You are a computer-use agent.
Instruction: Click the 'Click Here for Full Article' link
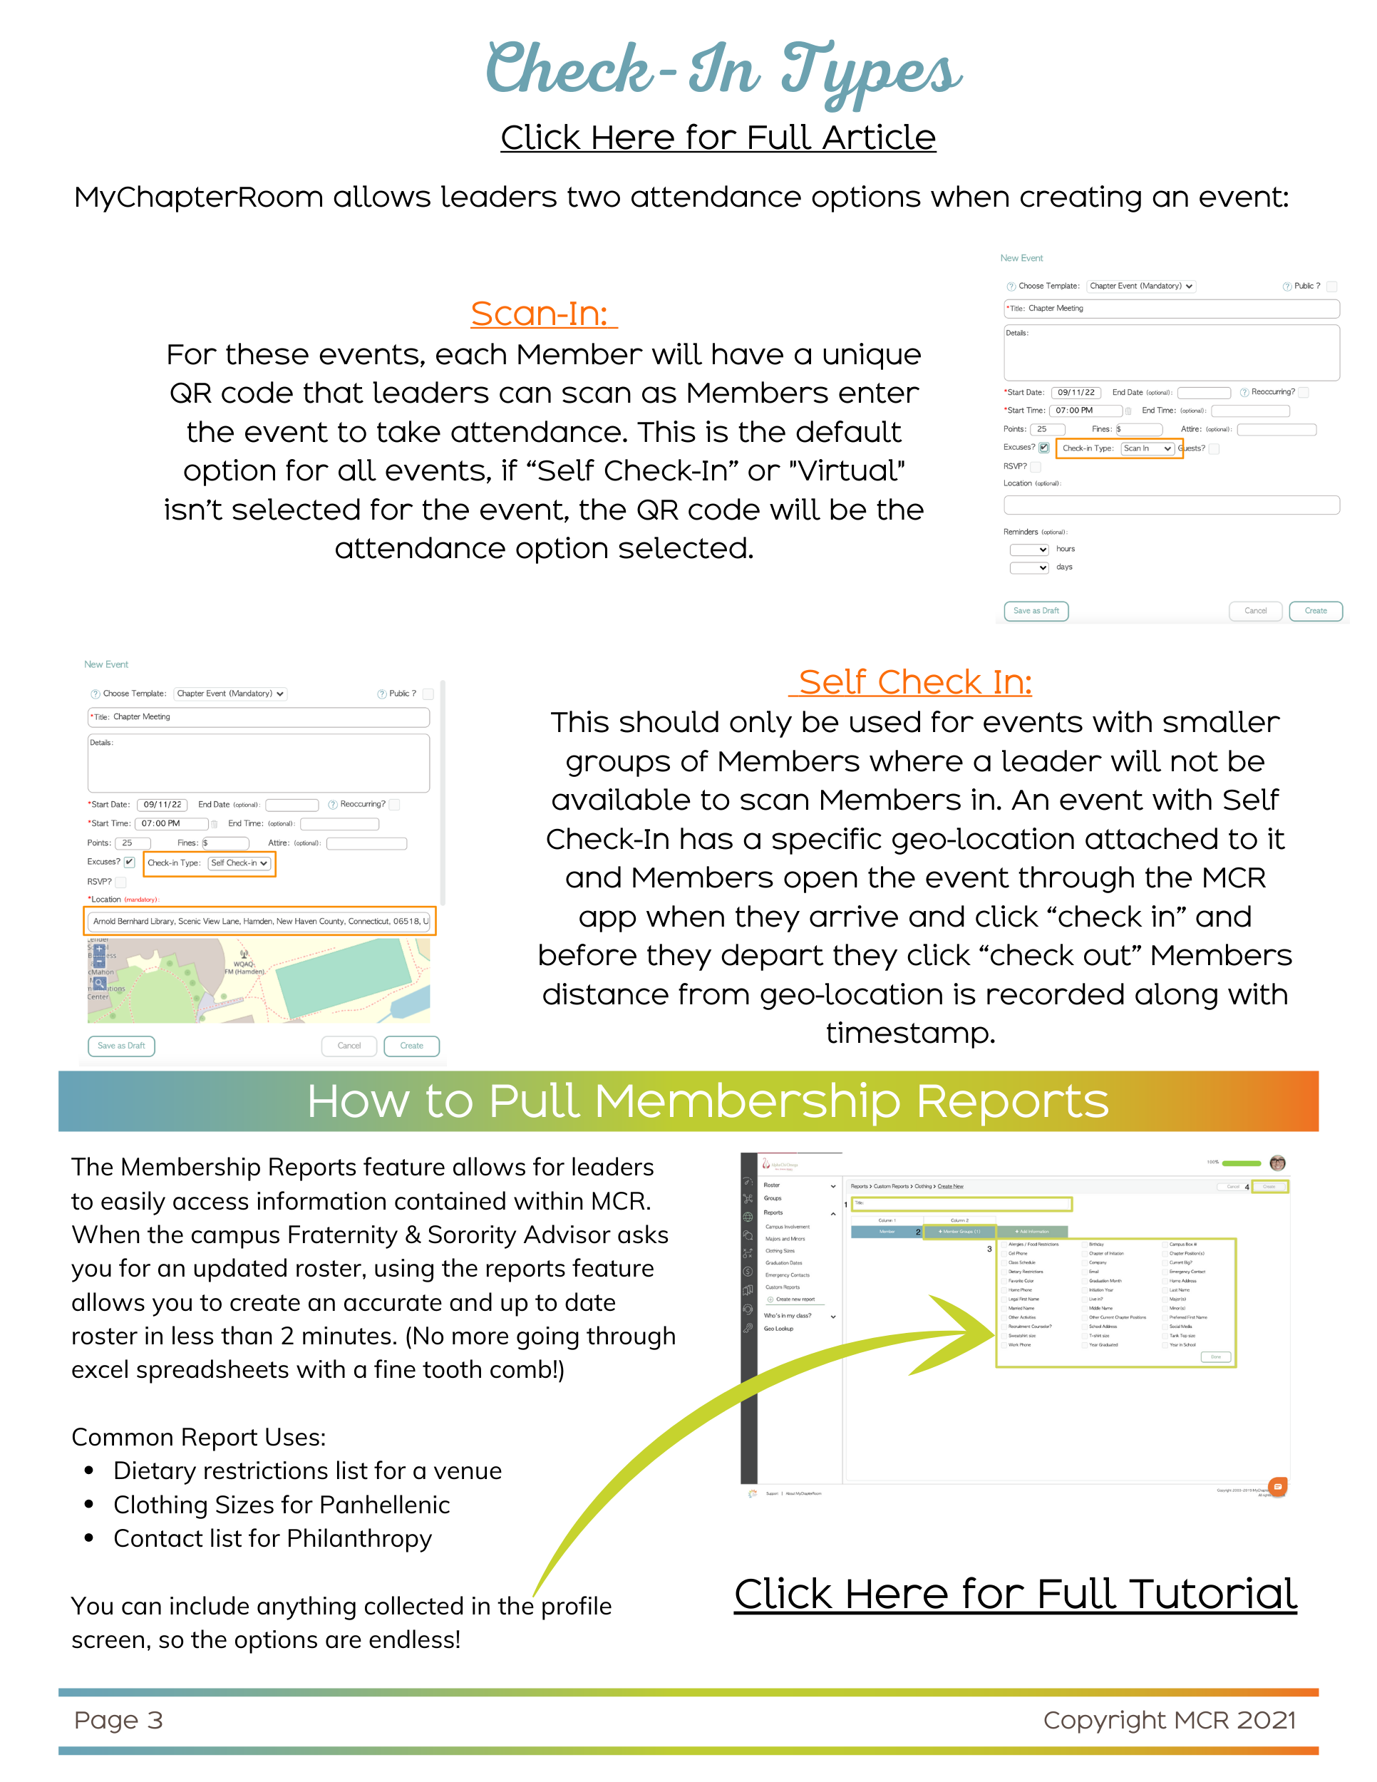click(718, 137)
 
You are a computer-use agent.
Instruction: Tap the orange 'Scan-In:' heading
click(543, 314)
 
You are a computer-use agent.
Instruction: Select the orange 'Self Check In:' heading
click(914, 682)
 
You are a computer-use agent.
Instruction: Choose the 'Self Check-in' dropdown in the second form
click(238, 863)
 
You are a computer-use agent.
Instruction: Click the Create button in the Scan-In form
click(1315, 611)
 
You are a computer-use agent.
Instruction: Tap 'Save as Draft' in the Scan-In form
click(1036, 611)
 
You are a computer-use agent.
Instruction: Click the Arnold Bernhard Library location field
click(260, 921)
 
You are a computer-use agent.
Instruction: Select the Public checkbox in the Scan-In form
click(1331, 287)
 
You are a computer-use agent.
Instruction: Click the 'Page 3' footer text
click(118, 1720)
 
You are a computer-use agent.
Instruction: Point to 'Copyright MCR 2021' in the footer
click(1169, 1720)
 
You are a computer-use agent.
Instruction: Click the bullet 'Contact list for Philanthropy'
click(272, 1539)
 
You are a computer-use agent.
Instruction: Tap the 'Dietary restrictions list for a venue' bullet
click(307, 1471)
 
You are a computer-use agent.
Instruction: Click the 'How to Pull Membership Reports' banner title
click(707, 1101)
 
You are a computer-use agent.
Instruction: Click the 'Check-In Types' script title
click(723, 72)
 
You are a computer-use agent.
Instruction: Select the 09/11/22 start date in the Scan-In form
click(1076, 393)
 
